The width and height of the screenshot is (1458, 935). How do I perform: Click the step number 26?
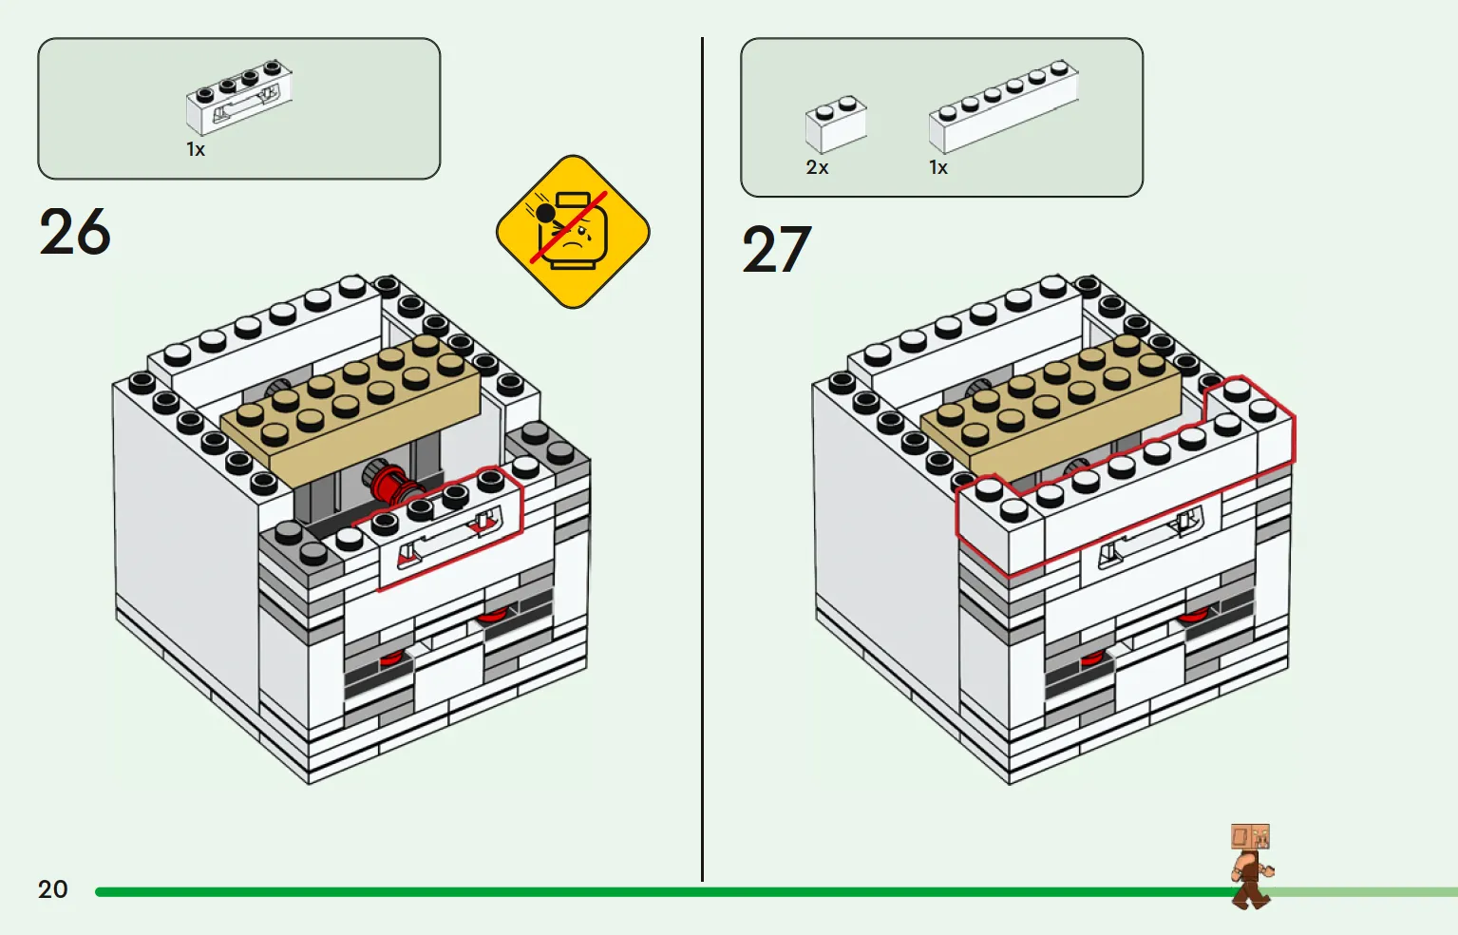click(75, 233)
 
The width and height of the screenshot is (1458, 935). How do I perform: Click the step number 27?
click(776, 251)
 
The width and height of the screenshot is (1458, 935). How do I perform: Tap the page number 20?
click(53, 889)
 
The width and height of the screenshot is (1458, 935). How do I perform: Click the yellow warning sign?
click(573, 232)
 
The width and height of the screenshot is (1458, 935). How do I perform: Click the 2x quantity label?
click(817, 168)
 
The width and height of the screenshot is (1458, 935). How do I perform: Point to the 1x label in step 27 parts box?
click(938, 168)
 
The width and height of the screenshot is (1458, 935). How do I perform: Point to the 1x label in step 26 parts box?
click(196, 150)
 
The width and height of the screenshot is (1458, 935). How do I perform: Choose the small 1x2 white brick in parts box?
click(836, 124)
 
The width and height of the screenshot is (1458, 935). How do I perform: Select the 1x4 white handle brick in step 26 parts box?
click(238, 97)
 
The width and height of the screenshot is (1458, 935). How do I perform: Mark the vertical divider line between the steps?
click(702, 456)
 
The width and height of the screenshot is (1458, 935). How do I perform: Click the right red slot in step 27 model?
click(1194, 617)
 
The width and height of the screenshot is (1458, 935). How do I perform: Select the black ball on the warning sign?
click(545, 213)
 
